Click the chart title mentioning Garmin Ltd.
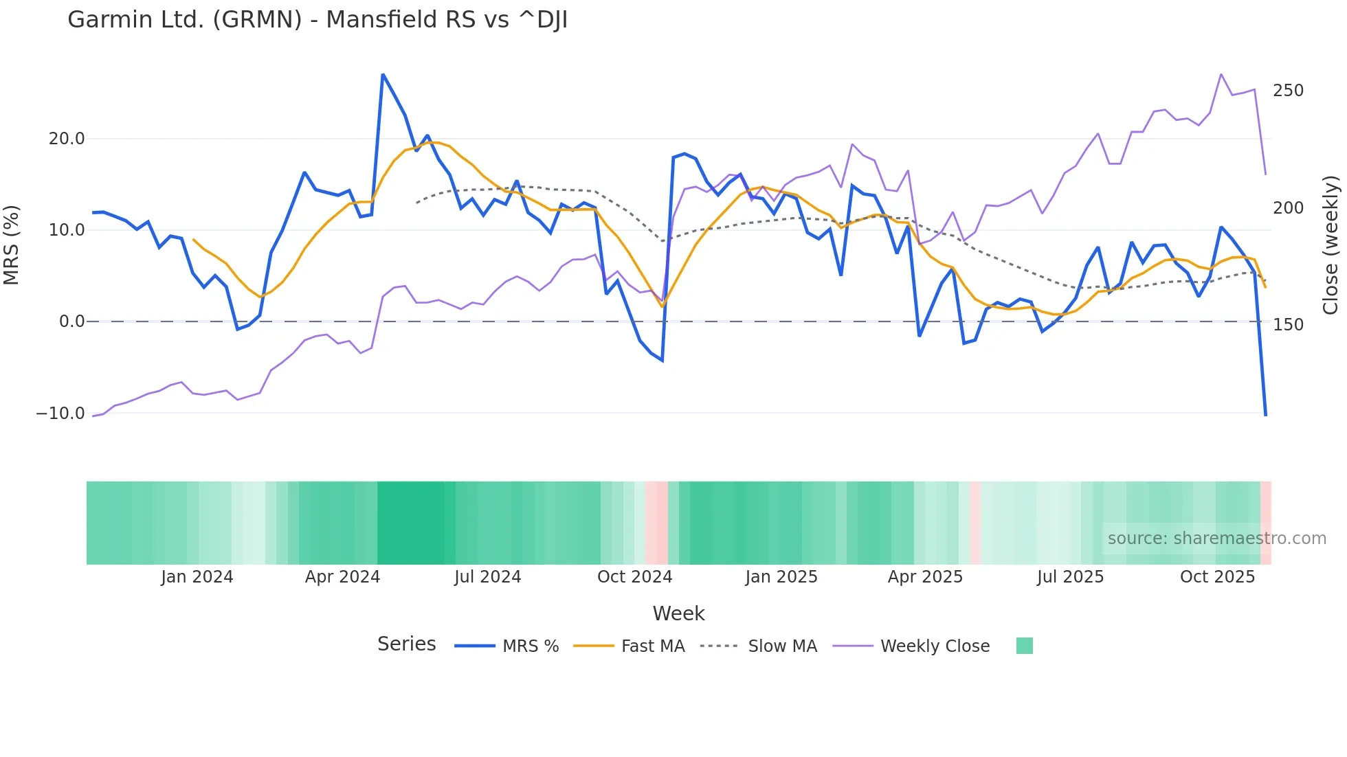point(318,20)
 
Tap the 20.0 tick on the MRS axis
point(67,139)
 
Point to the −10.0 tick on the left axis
point(60,414)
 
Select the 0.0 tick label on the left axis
point(72,321)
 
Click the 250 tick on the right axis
point(1288,91)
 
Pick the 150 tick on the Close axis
point(1288,325)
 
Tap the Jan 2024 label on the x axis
point(197,577)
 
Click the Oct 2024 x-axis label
point(634,577)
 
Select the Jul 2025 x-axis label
point(1070,577)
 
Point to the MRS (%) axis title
point(12,245)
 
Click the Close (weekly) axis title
point(1331,245)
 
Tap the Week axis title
point(678,613)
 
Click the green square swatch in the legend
point(1024,646)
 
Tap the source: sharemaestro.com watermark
point(1216,539)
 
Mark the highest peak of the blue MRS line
point(383,74)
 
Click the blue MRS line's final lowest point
point(1266,415)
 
